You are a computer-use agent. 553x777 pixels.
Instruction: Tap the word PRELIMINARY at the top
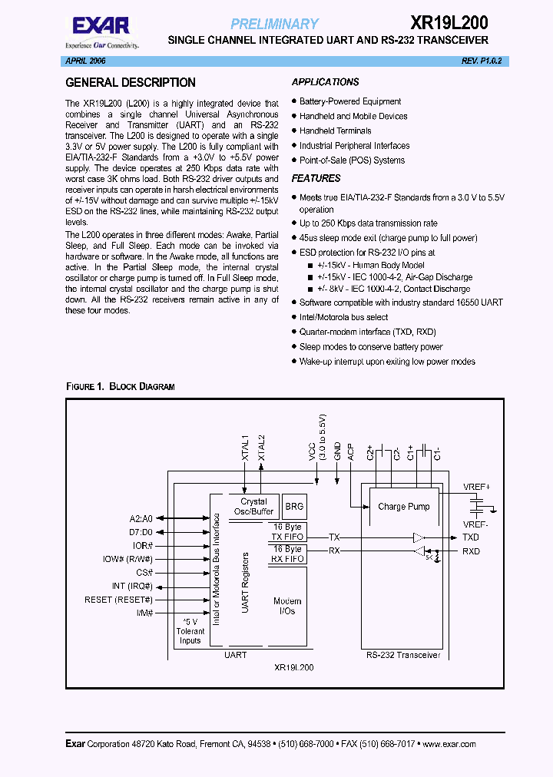274,24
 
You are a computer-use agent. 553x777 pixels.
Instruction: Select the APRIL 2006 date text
86,60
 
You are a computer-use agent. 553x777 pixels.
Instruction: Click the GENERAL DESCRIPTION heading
131,83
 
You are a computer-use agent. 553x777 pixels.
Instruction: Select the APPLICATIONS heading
325,82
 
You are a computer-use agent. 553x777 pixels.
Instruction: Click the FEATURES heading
316,178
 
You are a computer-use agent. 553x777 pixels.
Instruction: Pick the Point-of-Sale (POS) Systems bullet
352,160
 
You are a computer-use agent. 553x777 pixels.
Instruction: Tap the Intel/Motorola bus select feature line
344,317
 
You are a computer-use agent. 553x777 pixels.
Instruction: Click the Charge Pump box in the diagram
403,507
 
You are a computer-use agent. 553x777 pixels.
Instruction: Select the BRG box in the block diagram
294,507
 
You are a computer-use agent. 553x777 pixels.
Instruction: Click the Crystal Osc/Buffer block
254,507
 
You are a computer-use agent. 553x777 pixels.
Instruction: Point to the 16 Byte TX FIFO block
287,532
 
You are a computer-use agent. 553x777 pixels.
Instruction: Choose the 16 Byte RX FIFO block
287,554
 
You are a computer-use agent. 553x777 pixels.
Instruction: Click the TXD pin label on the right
471,537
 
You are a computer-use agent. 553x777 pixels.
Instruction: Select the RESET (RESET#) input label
119,600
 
